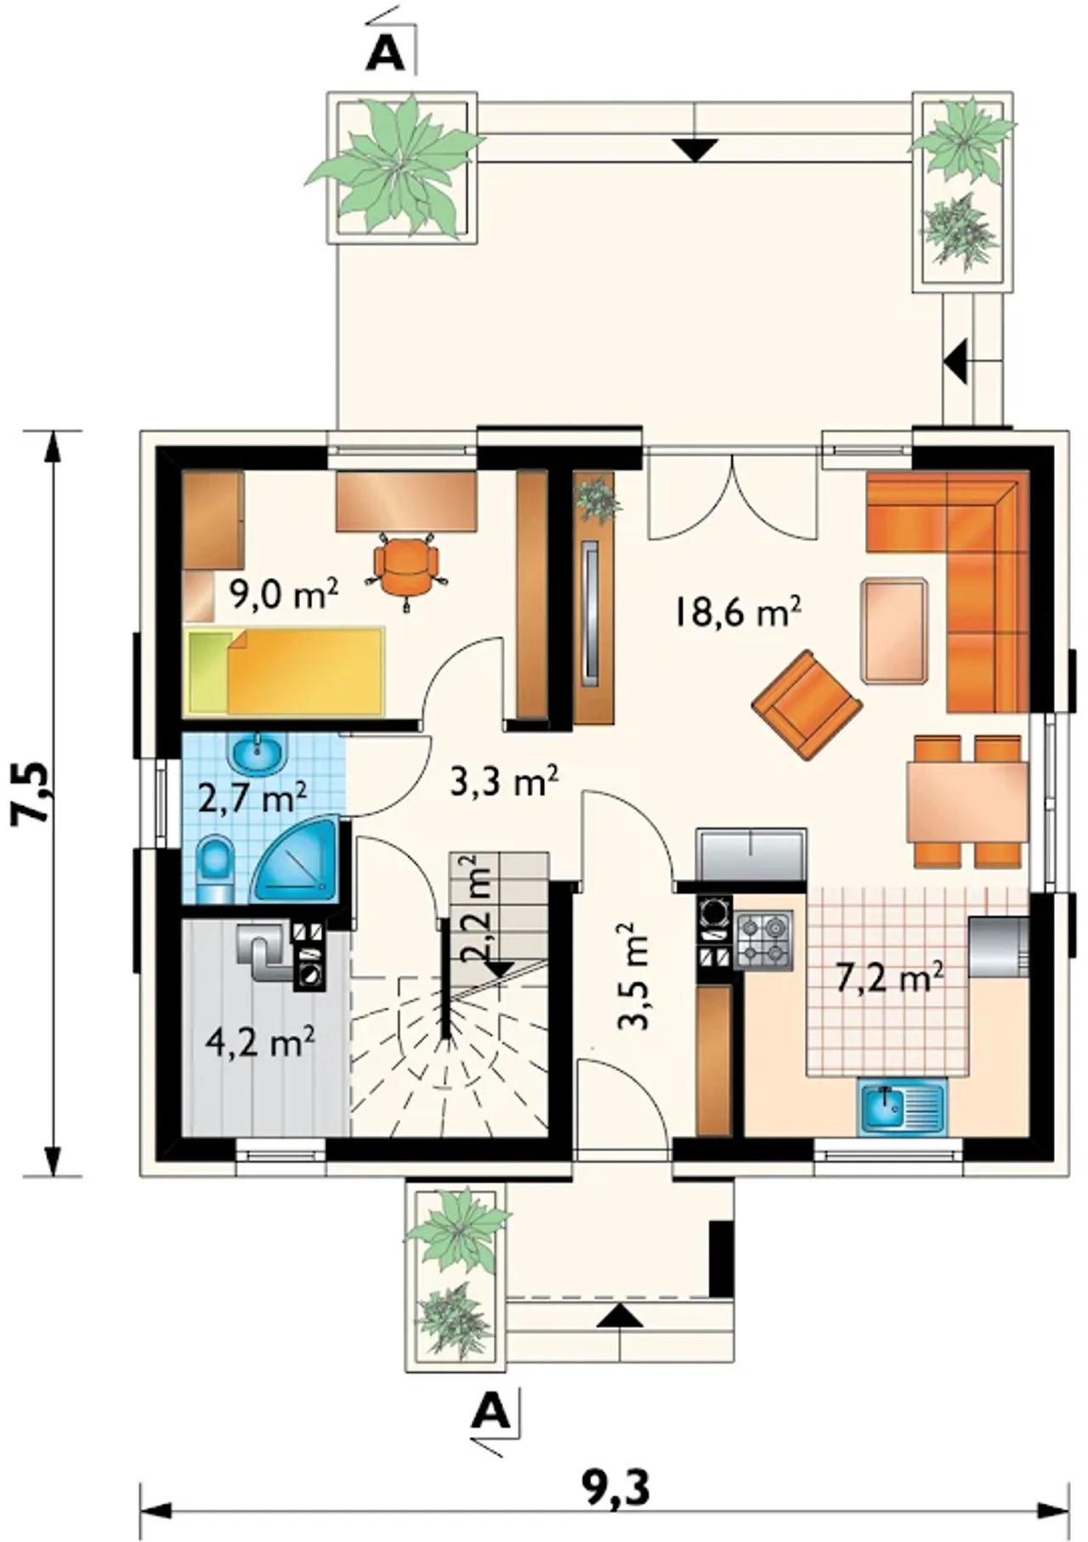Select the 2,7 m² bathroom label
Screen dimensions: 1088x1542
tap(252, 798)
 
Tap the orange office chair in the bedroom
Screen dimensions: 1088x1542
tap(407, 570)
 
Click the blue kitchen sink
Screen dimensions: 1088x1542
tap(901, 1108)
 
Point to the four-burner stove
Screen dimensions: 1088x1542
tap(763, 940)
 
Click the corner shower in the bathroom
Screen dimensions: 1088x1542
tap(294, 859)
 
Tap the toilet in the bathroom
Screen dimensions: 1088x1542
tap(215, 870)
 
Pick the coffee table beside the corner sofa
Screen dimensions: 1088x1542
tap(894, 631)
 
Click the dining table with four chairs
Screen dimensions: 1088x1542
tap(967, 802)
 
